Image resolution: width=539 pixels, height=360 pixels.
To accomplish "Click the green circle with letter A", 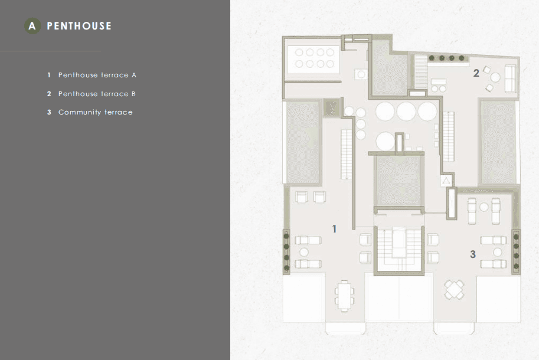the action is point(32,26).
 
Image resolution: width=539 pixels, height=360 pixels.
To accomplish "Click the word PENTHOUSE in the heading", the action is point(79,26).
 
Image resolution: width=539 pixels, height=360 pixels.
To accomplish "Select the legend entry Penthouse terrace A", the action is point(97,75).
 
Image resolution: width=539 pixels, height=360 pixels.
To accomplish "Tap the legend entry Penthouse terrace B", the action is point(97,94).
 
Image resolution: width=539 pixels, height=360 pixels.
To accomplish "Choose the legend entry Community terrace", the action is point(95,112).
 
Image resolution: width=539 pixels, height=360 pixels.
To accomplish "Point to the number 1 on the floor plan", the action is point(335,229).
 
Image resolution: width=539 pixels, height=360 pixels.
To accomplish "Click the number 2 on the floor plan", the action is point(476,73).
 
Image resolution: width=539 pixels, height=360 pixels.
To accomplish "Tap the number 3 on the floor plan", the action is point(473,254).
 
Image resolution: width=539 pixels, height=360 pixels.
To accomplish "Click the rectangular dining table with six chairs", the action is point(344,296).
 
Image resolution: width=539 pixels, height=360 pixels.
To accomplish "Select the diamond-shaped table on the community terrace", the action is point(454,290).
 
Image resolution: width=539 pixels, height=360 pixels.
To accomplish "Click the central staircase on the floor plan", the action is point(398,249).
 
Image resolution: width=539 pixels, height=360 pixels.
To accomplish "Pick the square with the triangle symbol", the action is point(446,181).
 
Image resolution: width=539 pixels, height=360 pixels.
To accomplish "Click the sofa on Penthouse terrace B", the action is point(511,78).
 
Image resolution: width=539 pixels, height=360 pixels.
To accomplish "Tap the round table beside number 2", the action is point(495,77).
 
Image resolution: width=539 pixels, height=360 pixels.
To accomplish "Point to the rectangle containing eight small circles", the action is point(313,58).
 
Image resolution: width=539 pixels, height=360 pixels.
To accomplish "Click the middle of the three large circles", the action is point(406,112).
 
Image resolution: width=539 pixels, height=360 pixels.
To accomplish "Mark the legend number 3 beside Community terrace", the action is point(49,112).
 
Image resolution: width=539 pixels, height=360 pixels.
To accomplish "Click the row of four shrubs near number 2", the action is point(446,58).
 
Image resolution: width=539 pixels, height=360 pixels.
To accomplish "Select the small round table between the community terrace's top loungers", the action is point(484,207).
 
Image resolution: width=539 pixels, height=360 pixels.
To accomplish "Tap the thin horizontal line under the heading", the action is point(50,51).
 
